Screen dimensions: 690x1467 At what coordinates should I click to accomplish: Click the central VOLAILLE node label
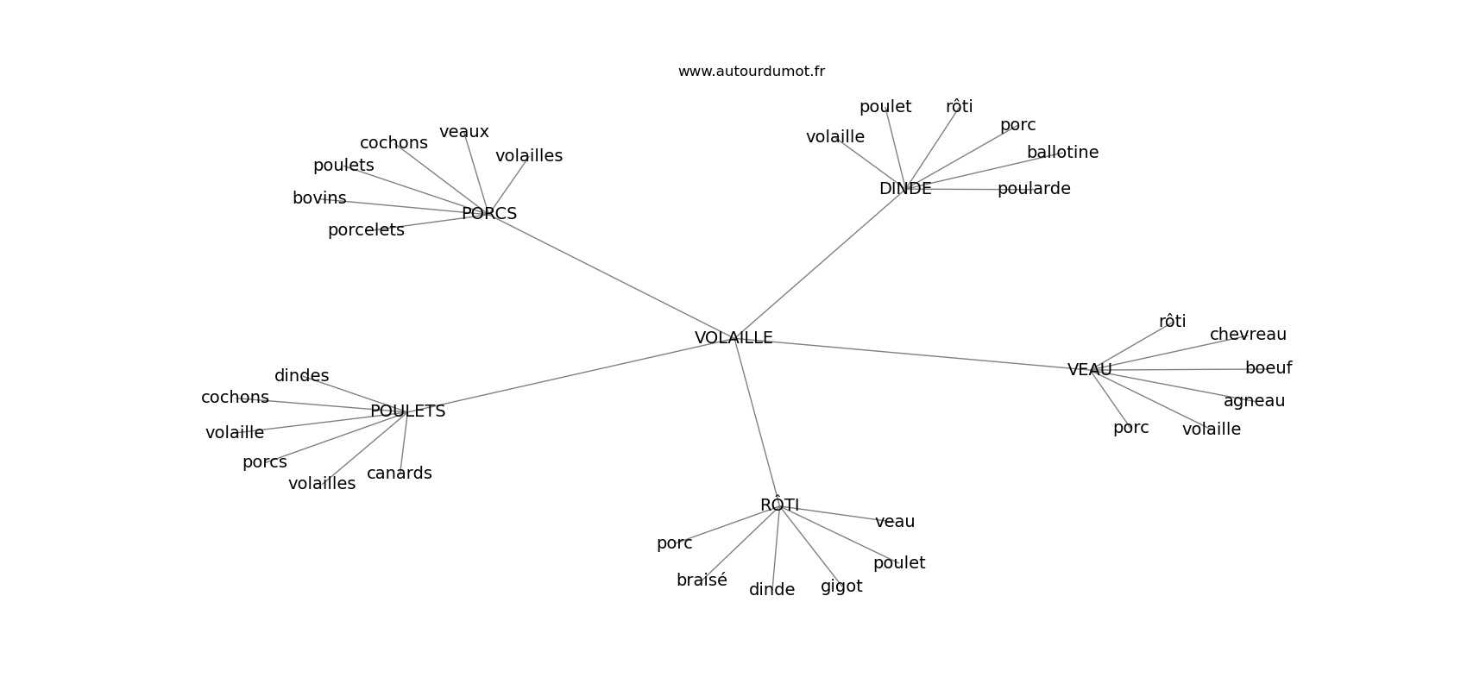tap(733, 338)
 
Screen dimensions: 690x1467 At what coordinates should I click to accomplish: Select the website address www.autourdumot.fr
tap(751, 72)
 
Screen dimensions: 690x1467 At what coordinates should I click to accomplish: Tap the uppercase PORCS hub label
tap(489, 213)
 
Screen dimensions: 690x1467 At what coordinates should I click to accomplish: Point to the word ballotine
tap(1062, 153)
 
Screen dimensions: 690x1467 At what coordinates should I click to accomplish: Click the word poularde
tap(1034, 189)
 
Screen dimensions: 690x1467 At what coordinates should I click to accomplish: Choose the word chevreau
tap(1248, 335)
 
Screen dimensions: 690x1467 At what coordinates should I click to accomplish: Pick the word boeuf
tap(1269, 368)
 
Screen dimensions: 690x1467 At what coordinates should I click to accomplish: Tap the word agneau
tap(1254, 401)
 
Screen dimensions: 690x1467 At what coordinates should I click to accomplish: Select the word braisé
tap(702, 580)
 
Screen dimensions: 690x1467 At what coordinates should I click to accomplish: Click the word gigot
tap(841, 586)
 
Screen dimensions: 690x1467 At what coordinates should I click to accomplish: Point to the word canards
tap(400, 474)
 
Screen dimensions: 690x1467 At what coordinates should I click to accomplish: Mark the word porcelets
tap(366, 230)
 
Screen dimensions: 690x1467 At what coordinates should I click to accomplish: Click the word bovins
tap(319, 198)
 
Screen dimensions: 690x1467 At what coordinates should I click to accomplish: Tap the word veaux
tap(464, 132)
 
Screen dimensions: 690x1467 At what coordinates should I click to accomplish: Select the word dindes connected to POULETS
tap(302, 376)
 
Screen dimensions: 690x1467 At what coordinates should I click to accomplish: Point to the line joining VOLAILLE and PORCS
tap(613, 276)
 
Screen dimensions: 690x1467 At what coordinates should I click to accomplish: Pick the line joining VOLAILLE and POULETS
tap(570, 375)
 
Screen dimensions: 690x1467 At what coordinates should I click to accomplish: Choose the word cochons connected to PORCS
tap(394, 143)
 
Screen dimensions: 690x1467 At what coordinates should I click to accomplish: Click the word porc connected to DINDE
tap(1018, 125)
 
